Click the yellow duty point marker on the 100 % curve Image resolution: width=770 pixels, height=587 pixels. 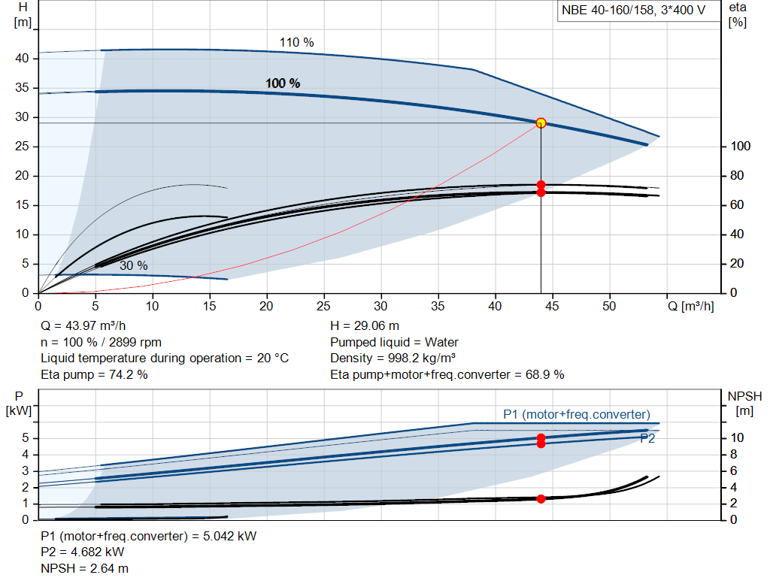tap(541, 123)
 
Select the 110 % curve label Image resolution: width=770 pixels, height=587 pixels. tap(296, 43)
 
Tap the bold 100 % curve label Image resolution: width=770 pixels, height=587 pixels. tap(283, 83)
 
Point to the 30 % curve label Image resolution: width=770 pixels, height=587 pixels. tap(133, 265)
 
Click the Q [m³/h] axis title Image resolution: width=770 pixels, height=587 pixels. tap(691, 307)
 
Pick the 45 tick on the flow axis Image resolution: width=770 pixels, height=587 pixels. tap(552, 307)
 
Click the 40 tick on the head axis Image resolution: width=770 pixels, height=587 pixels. tap(22, 59)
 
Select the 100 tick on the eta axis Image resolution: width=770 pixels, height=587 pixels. tap(740, 147)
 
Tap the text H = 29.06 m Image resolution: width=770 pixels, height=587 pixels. tap(365, 326)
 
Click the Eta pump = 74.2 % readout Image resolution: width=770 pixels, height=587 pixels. tap(94, 374)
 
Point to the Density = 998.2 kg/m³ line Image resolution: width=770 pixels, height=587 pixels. tap(393, 359)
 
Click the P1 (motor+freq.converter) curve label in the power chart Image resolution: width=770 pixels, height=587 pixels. tap(577, 414)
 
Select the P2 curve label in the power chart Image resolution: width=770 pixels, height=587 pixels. tap(647, 439)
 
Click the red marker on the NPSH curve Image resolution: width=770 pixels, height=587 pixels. tap(541, 498)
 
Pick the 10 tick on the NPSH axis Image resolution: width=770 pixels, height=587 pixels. tap(738, 438)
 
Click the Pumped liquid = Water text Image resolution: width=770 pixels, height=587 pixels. tap(394, 343)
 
